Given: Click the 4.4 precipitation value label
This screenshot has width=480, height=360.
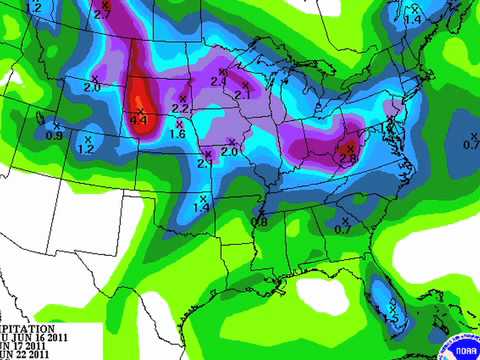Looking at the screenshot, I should [x=139, y=121].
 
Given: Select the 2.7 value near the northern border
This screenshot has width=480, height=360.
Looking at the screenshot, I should [x=102, y=15].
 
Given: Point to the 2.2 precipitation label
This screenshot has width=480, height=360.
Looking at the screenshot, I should [x=181, y=108].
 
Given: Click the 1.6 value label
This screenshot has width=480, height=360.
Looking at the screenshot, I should [x=178, y=133].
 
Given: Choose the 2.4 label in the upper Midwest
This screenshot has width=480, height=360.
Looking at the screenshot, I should [x=218, y=82].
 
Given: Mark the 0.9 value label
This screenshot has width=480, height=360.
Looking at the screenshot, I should [x=55, y=135].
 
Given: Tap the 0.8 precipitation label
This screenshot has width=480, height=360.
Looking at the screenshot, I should [x=259, y=221].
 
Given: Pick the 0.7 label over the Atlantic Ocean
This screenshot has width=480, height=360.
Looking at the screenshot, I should [x=471, y=144].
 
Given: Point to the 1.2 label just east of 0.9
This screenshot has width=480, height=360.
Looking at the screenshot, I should [x=86, y=149].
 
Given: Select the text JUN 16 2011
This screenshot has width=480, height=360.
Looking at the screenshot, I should [x=34, y=337].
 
